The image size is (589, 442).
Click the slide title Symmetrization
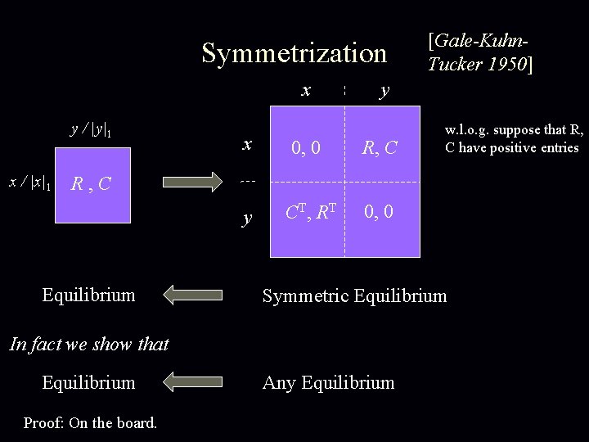point(294,53)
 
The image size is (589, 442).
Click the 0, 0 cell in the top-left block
point(307,148)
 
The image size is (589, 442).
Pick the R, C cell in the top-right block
point(380,148)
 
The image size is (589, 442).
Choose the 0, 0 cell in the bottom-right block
point(379,213)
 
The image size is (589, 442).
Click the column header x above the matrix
point(306,90)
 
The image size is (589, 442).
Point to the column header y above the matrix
point(384,92)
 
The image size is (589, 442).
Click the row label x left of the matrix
point(246,144)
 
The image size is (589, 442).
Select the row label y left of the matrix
point(246,217)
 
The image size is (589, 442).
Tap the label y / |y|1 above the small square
point(92,129)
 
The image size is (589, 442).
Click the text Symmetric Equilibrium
point(354,295)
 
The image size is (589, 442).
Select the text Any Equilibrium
point(328,382)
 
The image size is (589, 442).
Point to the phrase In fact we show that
point(88,344)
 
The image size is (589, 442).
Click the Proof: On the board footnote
point(90,422)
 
